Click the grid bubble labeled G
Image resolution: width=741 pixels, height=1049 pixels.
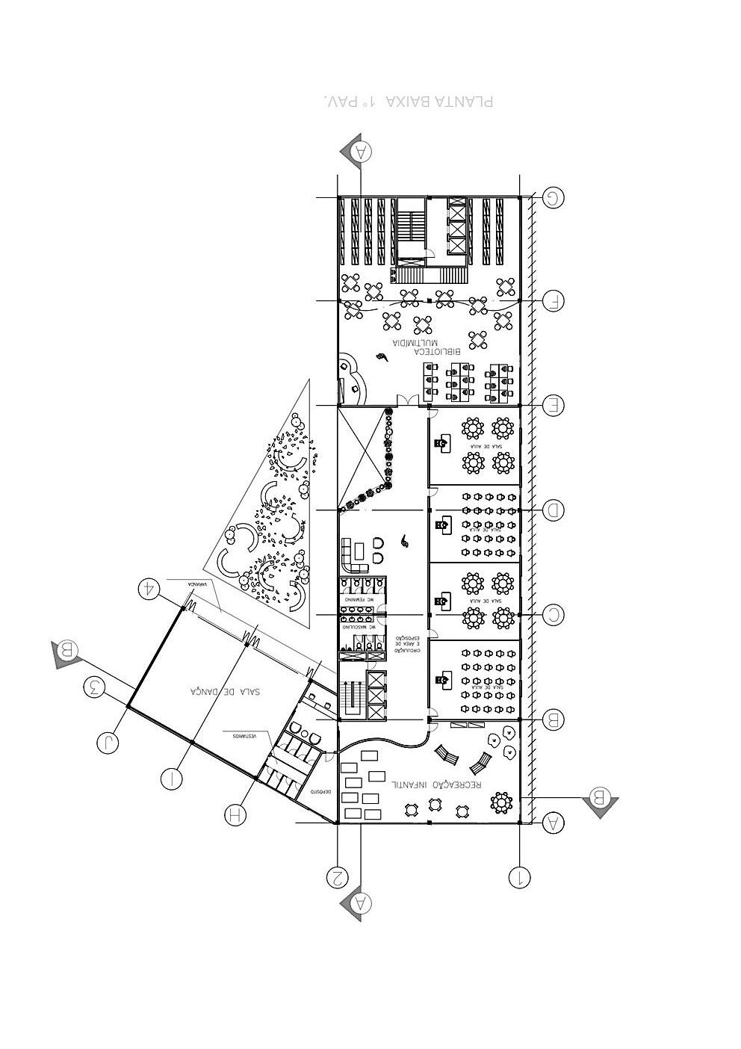(554, 197)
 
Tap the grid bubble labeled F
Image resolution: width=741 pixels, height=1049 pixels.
(554, 300)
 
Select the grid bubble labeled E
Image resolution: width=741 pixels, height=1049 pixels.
(554, 406)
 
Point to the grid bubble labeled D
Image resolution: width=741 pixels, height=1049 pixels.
(554, 510)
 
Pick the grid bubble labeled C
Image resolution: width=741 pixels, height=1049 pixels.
(554, 615)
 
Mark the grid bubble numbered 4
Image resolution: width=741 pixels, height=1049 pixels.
(150, 588)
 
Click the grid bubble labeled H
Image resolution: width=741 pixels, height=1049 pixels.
(235, 814)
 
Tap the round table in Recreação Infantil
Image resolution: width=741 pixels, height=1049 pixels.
(500, 803)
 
